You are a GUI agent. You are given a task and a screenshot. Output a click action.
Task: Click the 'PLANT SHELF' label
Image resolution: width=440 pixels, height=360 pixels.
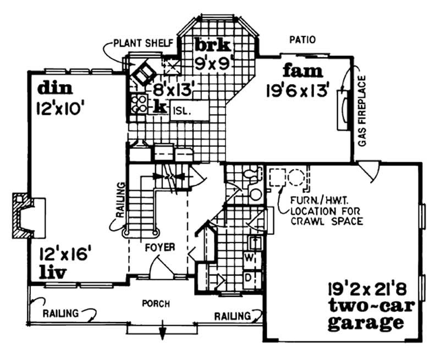click(x=144, y=42)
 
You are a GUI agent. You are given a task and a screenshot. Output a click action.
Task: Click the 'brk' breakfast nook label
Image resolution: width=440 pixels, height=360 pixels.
click(x=212, y=44)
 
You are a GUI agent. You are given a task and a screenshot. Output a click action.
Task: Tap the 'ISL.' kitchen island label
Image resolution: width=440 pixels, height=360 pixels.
click(x=182, y=110)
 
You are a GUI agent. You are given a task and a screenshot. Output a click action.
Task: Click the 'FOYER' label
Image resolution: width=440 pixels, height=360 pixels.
click(x=159, y=248)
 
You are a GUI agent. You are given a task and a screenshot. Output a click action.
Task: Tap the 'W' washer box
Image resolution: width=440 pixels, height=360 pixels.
click(x=248, y=258)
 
